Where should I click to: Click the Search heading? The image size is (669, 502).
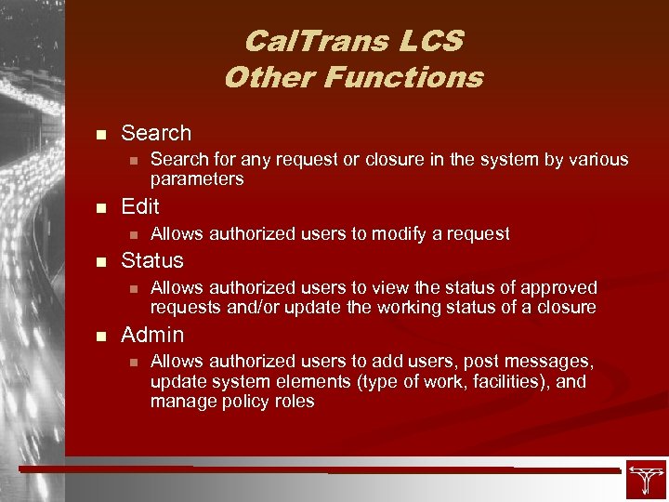(156, 133)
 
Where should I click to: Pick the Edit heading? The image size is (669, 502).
(140, 206)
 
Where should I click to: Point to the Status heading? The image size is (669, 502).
(152, 260)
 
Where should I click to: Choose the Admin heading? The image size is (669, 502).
(152, 335)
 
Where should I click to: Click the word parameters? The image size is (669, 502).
(197, 178)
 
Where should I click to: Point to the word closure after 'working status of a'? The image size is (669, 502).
(562, 308)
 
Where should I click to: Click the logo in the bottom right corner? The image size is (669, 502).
(645, 479)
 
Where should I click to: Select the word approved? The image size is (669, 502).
(555, 288)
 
